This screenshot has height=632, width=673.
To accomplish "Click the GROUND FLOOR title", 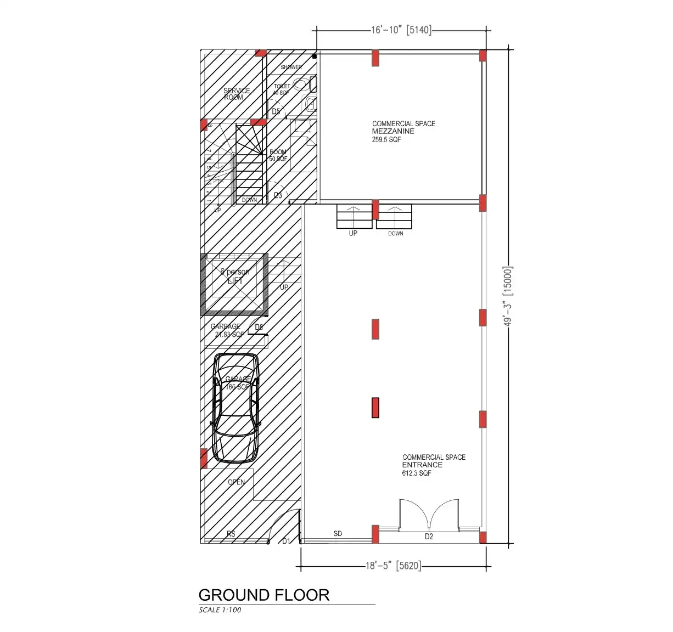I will click(x=263, y=595).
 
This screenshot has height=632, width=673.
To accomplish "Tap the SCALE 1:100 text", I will click(x=220, y=610).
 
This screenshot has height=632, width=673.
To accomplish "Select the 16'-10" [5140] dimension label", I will click(x=401, y=30).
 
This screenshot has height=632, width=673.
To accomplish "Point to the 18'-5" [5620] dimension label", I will click(x=394, y=566).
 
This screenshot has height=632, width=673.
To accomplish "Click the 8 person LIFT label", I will click(x=235, y=276).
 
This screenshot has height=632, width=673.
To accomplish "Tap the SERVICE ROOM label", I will click(x=236, y=94).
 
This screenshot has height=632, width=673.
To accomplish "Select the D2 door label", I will click(x=429, y=537).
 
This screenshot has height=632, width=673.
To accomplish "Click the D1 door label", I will click(x=286, y=541).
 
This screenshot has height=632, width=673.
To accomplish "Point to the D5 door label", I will click(x=276, y=112).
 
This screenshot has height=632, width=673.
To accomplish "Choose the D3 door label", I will click(x=278, y=195).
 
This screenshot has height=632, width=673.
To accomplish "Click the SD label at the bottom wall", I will click(x=338, y=533).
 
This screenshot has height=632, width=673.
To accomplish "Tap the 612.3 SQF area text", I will click(x=417, y=473).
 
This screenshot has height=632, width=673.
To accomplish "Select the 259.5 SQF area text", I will click(x=386, y=140).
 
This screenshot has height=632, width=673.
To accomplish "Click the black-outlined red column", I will click(x=375, y=408).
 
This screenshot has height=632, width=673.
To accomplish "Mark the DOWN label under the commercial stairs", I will click(x=395, y=233).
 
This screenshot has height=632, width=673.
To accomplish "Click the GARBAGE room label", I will click(x=226, y=326).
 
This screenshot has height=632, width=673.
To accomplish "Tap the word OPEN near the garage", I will click(x=237, y=482).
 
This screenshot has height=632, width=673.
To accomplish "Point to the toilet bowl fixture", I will click(x=300, y=84).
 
